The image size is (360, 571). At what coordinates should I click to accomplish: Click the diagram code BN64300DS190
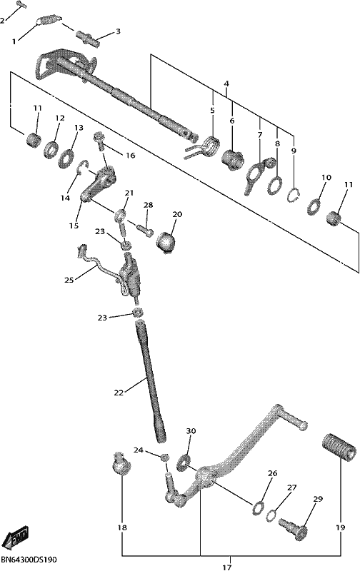click(29, 559)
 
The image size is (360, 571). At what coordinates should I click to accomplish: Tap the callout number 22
click(119, 393)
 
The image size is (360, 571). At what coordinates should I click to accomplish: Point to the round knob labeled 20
click(166, 242)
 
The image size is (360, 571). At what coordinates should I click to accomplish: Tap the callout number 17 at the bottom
click(226, 567)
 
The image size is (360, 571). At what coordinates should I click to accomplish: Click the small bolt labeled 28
click(145, 231)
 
